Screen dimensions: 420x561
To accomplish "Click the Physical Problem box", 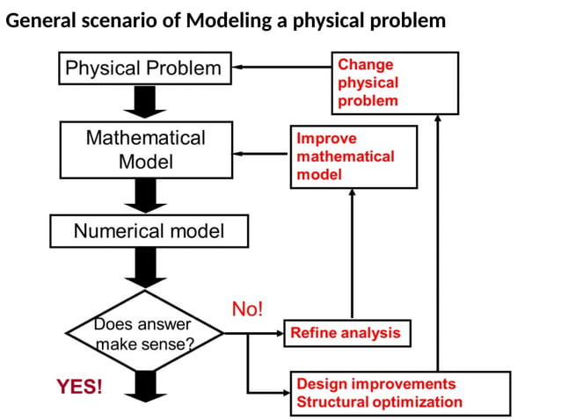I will click(x=145, y=68).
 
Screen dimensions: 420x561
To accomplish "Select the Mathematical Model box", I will click(x=145, y=149).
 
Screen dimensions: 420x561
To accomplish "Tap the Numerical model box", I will click(x=149, y=232).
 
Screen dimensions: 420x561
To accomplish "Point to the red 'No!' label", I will click(x=247, y=308).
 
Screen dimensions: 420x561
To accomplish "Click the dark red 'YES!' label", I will click(x=79, y=387).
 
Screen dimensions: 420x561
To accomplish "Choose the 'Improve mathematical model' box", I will click(x=353, y=156).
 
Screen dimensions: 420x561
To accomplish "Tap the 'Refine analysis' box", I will click(x=346, y=333).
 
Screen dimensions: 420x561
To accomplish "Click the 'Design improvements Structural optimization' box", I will click(x=400, y=393).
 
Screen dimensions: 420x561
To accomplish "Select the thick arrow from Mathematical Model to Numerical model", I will click(x=145, y=195).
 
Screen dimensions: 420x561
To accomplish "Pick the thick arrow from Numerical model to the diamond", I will click(x=145, y=266).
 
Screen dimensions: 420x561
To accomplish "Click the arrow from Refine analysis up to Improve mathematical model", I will click(x=352, y=255).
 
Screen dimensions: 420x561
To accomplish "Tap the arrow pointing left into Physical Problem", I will click(x=281, y=67).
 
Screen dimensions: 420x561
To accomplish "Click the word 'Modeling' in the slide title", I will click(x=223, y=19).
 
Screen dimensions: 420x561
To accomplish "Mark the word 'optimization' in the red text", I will click(x=419, y=402).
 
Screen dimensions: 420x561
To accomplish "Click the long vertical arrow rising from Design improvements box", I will click(x=437, y=246).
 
